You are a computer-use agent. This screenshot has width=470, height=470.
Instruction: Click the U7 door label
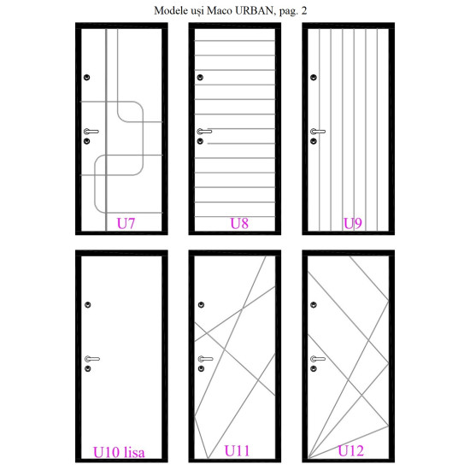(x=126, y=223)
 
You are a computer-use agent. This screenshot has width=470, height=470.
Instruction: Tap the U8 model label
(x=239, y=223)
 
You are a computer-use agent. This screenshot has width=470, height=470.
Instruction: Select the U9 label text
(x=352, y=223)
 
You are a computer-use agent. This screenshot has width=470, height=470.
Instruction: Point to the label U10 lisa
(x=119, y=452)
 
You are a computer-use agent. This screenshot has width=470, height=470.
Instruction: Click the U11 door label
(x=237, y=451)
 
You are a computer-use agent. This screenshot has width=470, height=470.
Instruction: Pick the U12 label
(x=350, y=451)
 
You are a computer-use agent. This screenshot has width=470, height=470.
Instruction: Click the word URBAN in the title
(x=254, y=11)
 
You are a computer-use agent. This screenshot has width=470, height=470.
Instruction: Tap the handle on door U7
(x=91, y=132)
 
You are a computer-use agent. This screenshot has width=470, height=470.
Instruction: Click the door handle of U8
(x=204, y=132)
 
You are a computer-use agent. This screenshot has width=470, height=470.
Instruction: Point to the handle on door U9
(x=318, y=132)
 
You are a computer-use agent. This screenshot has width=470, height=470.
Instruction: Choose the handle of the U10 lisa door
(x=92, y=359)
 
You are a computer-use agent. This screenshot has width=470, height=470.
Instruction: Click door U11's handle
(x=205, y=359)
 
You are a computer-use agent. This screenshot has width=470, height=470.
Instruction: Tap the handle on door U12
(x=318, y=359)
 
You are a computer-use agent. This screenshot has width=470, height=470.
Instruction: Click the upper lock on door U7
(x=87, y=77)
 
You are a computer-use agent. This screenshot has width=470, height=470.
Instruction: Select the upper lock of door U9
(x=314, y=77)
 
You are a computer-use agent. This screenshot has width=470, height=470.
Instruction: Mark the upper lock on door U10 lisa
(x=88, y=305)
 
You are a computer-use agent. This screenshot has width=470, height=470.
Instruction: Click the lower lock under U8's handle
(x=200, y=141)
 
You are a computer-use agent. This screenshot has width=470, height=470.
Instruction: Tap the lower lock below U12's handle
(x=314, y=368)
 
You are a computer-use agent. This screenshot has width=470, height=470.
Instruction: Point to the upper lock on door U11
(x=201, y=305)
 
